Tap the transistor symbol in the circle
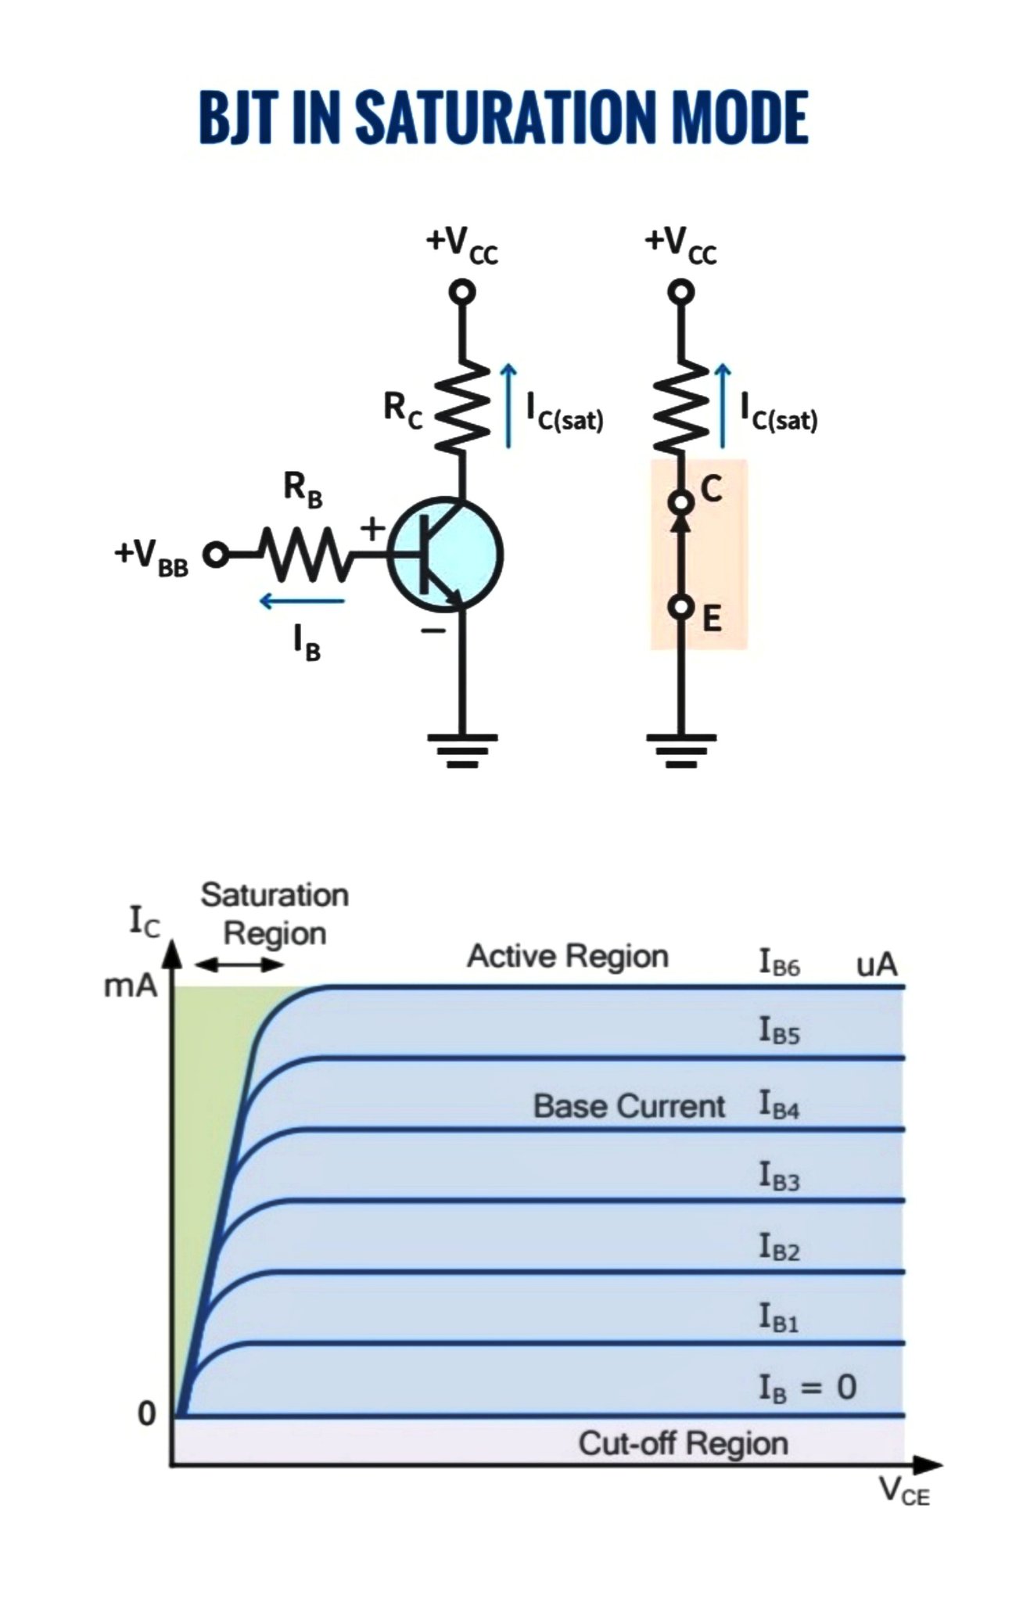[x=445, y=555]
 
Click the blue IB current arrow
[x=302, y=601]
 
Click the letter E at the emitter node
[x=712, y=619]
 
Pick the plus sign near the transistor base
[x=373, y=528]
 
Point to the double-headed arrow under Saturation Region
[x=239, y=964]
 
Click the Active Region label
[x=568, y=956]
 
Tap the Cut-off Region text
[x=683, y=1443]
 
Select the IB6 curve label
[x=779, y=962]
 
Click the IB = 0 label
[x=808, y=1388]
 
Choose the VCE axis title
[x=905, y=1491]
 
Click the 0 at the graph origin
[x=147, y=1413]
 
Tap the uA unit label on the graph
[x=877, y=964]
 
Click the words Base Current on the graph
[x=630, y=1106]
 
